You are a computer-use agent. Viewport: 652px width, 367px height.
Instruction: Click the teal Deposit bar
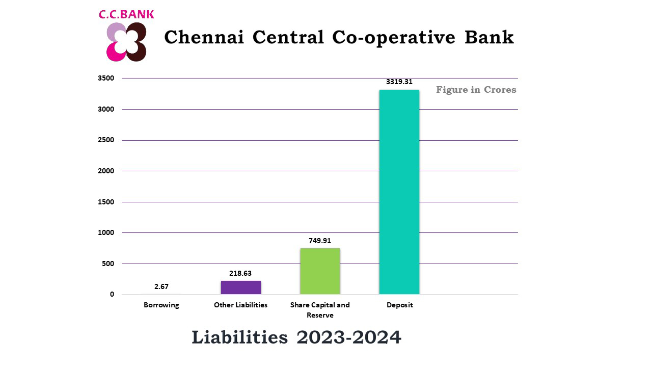[x=399, y=192]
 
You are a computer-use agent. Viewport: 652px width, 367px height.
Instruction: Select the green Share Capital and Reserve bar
[x=320, y=271]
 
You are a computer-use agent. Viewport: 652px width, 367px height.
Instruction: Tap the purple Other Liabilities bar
[x=240, y=287]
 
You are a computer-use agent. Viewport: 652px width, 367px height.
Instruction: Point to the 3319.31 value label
[x=399, y=82]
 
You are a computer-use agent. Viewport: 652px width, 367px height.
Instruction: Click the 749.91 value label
[x=320, y=241]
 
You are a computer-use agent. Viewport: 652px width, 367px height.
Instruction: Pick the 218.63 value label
[x=240, y=274]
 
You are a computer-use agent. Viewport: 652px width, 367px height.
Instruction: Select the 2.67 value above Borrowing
[x=161, y=287]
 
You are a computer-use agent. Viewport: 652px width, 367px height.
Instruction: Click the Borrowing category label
[x=161, y=305]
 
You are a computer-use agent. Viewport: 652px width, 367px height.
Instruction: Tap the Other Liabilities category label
[x=240, y=305]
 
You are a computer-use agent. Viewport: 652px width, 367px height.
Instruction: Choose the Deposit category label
[x=399, y=305]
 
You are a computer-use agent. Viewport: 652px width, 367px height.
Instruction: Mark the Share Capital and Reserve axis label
[x=320, y=310]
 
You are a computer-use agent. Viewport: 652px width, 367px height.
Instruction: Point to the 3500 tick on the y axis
[x=106, y=78]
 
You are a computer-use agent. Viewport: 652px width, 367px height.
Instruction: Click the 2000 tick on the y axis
[x=106, y=171]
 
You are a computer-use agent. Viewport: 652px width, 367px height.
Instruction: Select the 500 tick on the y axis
[x=108, y=264]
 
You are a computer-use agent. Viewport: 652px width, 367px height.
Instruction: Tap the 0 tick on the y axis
[x=112, y=294]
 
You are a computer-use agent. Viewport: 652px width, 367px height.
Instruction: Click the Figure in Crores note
[x=476, y=90]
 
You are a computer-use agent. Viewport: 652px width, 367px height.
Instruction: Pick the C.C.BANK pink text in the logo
[x=126, y=14]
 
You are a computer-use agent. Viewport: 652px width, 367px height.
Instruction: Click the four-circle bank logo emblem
[x=126, y=42]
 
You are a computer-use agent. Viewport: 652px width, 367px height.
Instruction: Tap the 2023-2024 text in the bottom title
[x=349, y=337]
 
